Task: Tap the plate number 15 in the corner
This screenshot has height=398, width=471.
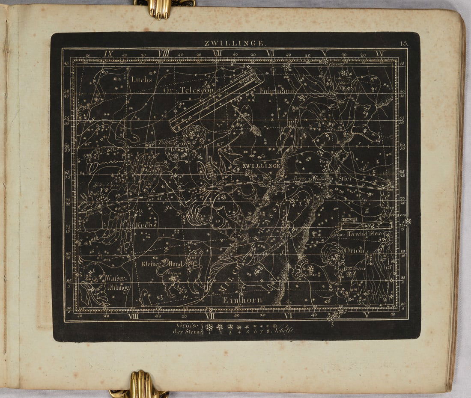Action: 404,43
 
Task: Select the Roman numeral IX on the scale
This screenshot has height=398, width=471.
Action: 108,54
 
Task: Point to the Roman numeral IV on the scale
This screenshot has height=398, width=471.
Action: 380,54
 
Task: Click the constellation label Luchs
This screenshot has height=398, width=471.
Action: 139,79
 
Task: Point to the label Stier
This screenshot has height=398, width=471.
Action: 345,178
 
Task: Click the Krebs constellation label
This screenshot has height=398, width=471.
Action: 147,225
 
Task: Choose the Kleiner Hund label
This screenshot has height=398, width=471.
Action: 164,264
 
